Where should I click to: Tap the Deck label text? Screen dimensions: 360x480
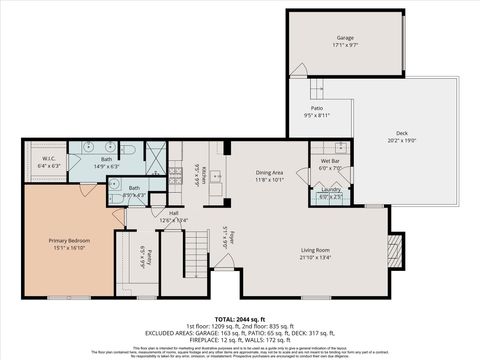(401, 136)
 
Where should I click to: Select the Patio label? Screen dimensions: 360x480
(316, 111)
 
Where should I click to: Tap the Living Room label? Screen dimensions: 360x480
(316, 254)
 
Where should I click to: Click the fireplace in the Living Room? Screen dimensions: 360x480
(395, 246)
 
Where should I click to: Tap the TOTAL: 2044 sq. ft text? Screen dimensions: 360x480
(239, 318)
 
